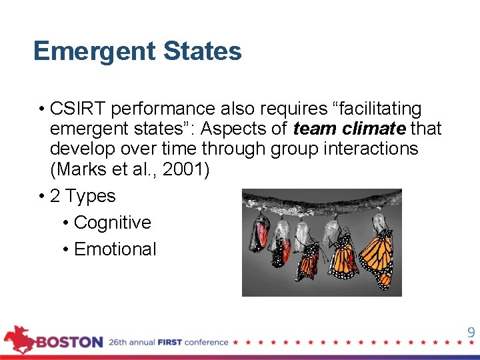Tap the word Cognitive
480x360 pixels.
click(x=112, y=223)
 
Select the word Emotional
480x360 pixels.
click(x=115, y=249)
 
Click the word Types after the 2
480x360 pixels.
click(x=91, y=196)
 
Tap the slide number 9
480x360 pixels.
click(x=471, y=333)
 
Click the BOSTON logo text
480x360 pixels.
click(x=69, y=343)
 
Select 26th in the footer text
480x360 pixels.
click(x=120, y=343)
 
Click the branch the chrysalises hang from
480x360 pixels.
click(x=320, y=201)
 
